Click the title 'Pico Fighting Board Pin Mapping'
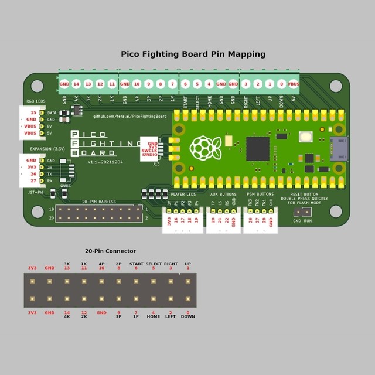pos(193,54)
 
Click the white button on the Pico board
pos(305,137)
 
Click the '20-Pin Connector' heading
pos(110,251)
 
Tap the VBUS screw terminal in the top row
pos(294,84)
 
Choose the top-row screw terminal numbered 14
pos(76,84)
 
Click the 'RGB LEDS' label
pos(35,101)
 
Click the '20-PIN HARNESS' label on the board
pos(98,202)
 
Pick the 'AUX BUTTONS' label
pos(223,193)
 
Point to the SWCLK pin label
pos(149,151)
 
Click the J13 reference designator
pos(156,165)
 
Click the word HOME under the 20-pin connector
pos(154,317)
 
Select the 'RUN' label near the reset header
pos(308,221)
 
